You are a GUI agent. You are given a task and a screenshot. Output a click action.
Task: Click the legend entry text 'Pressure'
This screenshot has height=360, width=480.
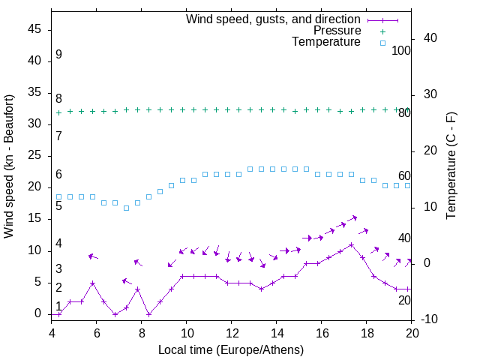tap(337, 31)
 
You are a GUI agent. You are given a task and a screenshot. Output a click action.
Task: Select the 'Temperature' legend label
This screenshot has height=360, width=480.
tap(326, 43)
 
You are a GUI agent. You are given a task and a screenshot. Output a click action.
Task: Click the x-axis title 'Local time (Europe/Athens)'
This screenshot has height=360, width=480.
tap(232, 349)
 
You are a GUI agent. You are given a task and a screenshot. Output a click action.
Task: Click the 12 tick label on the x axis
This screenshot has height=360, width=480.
tap(232, 333)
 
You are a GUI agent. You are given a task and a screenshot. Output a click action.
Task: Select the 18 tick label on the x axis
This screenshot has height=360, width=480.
tap(367, 333)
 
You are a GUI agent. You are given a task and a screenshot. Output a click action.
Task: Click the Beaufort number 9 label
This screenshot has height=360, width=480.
tap(58, 55)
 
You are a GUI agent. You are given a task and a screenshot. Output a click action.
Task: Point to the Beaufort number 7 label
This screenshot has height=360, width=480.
tap(58, 136)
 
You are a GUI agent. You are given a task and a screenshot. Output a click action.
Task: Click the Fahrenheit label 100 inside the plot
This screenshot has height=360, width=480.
tap(401, 50)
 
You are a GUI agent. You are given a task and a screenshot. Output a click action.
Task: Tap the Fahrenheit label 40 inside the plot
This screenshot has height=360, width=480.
tap(404, 238)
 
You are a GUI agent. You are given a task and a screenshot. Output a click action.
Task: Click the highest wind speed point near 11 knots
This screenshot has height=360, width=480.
tap(351, 244)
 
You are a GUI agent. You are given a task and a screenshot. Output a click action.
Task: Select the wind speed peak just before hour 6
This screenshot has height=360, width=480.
tap(92, 283)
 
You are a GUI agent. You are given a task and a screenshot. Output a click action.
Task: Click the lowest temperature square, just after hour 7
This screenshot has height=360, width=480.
tap(126, 208)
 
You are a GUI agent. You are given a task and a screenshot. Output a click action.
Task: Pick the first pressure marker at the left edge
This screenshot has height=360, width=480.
tap(59, 112)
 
